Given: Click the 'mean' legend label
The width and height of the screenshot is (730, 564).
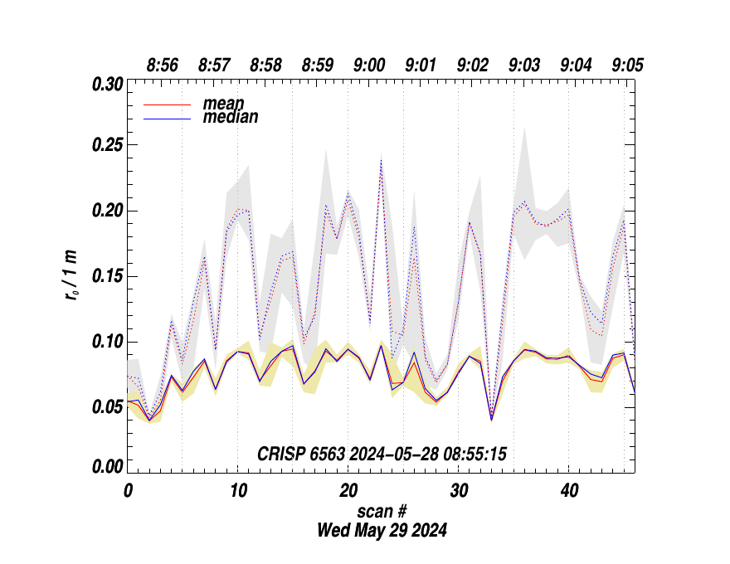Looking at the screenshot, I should click(223, 104).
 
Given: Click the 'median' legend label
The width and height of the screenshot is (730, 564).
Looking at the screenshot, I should click(230, 117).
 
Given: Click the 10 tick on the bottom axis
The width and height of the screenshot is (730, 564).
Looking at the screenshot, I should click(238, 490).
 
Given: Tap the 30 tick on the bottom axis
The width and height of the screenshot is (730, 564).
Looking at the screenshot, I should click(459, 490).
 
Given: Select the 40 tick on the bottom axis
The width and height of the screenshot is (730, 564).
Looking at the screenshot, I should click(569, 490).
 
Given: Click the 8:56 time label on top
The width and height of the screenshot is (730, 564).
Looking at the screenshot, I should click(162, 65).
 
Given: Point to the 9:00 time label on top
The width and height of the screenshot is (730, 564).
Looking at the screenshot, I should click(369, 65).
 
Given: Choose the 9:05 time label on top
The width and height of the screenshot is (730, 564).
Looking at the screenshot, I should click(628, 65).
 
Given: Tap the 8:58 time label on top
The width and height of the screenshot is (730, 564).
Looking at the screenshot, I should click(265, 65).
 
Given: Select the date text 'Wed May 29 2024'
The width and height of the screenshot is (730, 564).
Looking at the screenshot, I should click(382, 530).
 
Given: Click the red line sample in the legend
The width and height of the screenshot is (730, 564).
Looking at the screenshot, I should click(168, 105).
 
